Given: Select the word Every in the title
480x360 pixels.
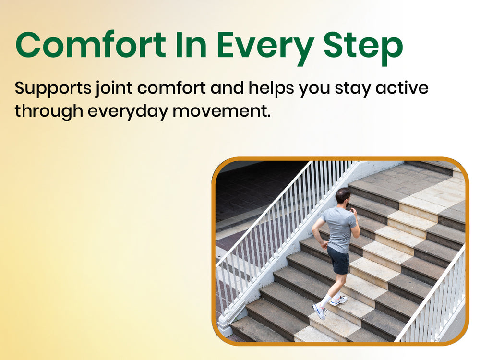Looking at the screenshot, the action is click(x=265, y=48).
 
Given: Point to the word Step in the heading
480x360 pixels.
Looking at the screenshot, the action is click(x=363, y=48).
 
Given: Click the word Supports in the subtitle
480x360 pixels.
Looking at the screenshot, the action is click(x=53, y=89).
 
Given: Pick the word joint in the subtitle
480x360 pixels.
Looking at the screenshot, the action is click(x=114, y=89).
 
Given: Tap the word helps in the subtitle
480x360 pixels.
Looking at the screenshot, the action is click(x=272, y=89).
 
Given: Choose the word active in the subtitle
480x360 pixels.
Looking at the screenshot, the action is click(x=402, y=87).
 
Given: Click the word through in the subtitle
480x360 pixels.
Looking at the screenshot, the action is click(x=49, y=111).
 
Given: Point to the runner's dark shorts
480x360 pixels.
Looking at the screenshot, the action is click(x=338, y=260).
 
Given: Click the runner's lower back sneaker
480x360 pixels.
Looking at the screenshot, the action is click(x=319, y=311).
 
